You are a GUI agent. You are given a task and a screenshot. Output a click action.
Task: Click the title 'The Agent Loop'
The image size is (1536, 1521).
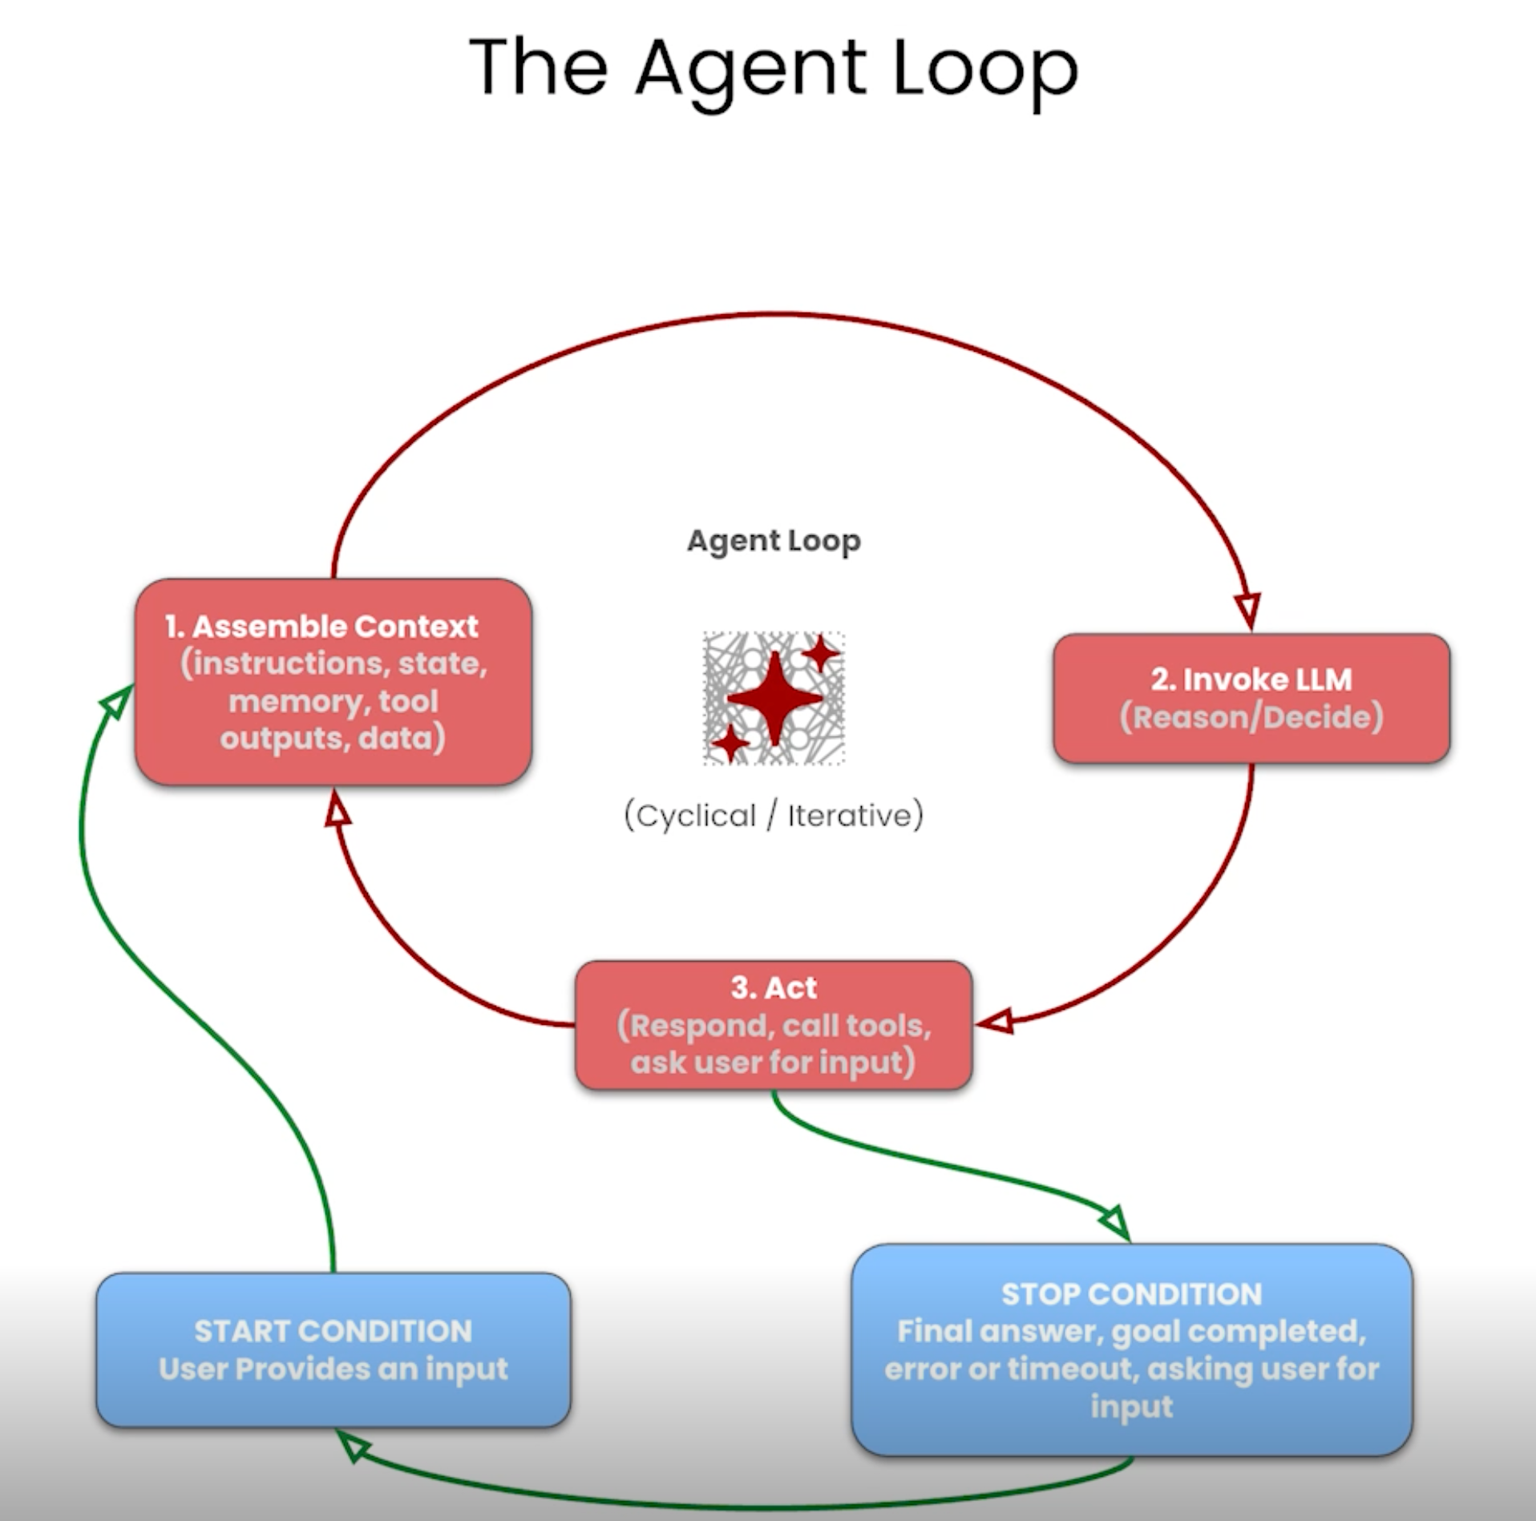click(774, 71)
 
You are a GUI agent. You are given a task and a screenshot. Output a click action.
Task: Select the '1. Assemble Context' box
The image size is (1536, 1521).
click(333, 682)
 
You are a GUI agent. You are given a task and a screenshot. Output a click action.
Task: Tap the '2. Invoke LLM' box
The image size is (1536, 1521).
click(1251, 698)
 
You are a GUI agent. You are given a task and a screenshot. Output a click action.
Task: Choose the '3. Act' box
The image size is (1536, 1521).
click(774, 1025)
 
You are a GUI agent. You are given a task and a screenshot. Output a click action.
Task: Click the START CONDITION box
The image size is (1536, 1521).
click(333, 1350)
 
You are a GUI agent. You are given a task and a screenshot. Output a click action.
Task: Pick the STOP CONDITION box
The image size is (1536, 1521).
click(1132, 1350)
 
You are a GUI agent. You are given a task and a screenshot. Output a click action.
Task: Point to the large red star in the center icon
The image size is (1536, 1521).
click(774, 698)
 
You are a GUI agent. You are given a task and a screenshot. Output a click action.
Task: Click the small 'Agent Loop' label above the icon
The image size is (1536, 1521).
click(774, 542)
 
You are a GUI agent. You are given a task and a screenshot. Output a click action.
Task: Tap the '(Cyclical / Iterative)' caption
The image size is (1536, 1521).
click(774, 816)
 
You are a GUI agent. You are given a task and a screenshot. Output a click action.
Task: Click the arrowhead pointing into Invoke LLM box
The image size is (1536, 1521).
click(1248, 611)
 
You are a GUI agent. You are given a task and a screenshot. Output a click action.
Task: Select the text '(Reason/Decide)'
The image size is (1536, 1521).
click(1251, 717)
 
